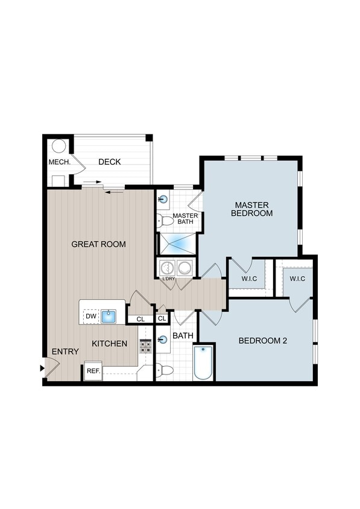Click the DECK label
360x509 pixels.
click(x=110, y=162)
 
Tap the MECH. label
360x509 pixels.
click(x=60, y=163)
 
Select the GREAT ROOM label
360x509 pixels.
click(x=98, y=244)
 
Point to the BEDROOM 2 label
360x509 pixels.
click(x=262, y=341)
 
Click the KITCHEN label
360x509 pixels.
click(x=109, y=344)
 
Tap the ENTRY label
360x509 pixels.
click(x=65, y=352)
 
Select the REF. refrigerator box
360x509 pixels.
click(x=93, y=371)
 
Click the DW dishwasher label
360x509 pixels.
click(x=90, y=315)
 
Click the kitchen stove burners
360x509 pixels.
click(x=145, y=346)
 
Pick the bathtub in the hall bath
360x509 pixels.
click(x=203, y=362)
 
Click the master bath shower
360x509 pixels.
click(x=177, y=243)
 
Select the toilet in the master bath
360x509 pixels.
click(x=164, y=220)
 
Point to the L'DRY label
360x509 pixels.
click(x=168, y=278)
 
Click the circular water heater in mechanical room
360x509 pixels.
click(x=58, y=146)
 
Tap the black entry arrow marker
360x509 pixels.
click(x=42, y=367)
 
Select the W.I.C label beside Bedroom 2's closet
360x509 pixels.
click(x=297, y=279)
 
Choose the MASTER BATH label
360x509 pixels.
click(x=185, y=219)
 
